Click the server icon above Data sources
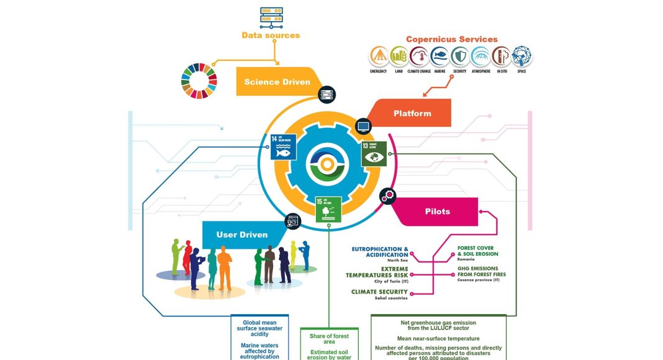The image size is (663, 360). [x=271, y=17]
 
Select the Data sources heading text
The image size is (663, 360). [x=271, y=35]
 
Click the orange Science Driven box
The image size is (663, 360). [x=277, y=82]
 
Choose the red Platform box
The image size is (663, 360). [x=412, y=114]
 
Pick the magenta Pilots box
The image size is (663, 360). [x=437, y=212]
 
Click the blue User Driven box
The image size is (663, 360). [x=242, y=235]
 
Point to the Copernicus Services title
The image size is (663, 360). [x=451, y=39]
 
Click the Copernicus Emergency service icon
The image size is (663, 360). [x=379, y=56]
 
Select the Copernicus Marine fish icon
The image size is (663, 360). [x=440, y=56]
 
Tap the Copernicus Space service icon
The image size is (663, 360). [x=521, y=56]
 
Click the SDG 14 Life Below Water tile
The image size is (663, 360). [x=283, y=148]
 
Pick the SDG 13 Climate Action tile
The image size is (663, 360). [x=374, y=153]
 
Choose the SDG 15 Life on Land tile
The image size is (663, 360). [x=328, y=209]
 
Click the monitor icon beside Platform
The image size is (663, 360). [x=363, y=127]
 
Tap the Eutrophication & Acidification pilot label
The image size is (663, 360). [x=380, y=252]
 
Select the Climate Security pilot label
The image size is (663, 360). [x=379, y=294]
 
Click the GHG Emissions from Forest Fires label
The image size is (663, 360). [x=478, y=274]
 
